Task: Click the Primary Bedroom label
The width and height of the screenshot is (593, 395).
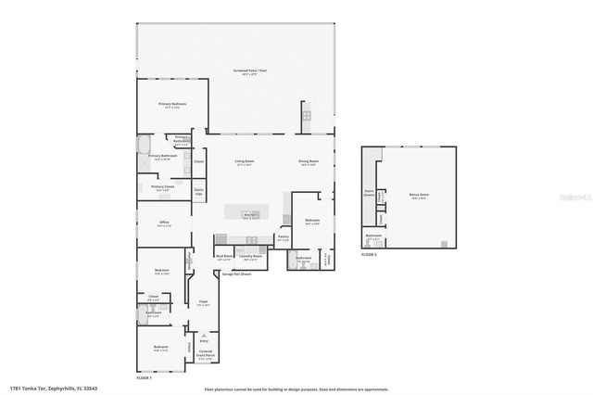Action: click(x=171, y=104)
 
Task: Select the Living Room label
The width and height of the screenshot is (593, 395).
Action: click(x=245, y=161)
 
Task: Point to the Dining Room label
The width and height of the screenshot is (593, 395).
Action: click(x=309, y=161)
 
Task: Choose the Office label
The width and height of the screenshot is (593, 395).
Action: click(x=163, y=224)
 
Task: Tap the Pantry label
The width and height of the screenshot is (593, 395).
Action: click(x=284, y=237)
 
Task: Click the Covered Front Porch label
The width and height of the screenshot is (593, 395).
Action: click(x=206, y=353)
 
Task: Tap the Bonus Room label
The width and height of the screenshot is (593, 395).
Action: click(x=419, y=195)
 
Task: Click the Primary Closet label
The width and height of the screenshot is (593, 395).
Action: click(x=163, y=188)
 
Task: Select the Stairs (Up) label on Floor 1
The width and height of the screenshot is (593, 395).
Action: click(x=198, y=193)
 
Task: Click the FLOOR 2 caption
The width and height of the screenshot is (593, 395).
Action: click(x=369, y=254)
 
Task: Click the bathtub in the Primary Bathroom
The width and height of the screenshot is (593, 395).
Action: click(x=143, y=146)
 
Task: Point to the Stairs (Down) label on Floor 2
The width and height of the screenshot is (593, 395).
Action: click(x=368, y=194)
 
